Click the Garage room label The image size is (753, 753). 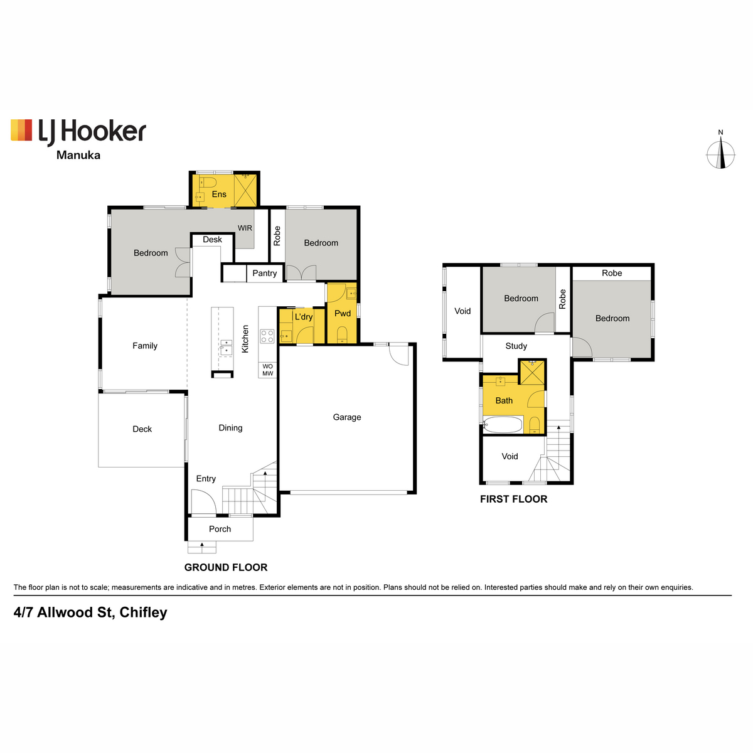tap(347, 417)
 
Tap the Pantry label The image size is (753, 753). tap(265, 273)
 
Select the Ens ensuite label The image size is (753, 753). tap(219, 194)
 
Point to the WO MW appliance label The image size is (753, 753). tap(268, 370)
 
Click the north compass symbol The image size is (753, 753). tap(721, 154)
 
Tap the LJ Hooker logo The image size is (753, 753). tap(78, 131)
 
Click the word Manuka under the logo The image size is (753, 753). tap(78, 155)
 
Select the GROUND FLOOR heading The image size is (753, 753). tap(226, 567)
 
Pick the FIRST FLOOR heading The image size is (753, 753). tap(513, 499)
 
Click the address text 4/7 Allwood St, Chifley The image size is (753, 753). tap(90, 612)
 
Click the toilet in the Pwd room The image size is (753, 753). tap(342, 333)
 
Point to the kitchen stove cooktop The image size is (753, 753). tap(267, 336)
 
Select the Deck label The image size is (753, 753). tap(142, 429)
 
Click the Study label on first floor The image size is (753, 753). tap(516, 346)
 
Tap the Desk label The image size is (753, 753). tap(212, 240)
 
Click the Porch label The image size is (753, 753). tap(220, 529)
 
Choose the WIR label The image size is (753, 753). tap(245, 228)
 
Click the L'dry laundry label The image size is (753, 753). tap(304, 317)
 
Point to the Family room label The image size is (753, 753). tap(145, 346)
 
